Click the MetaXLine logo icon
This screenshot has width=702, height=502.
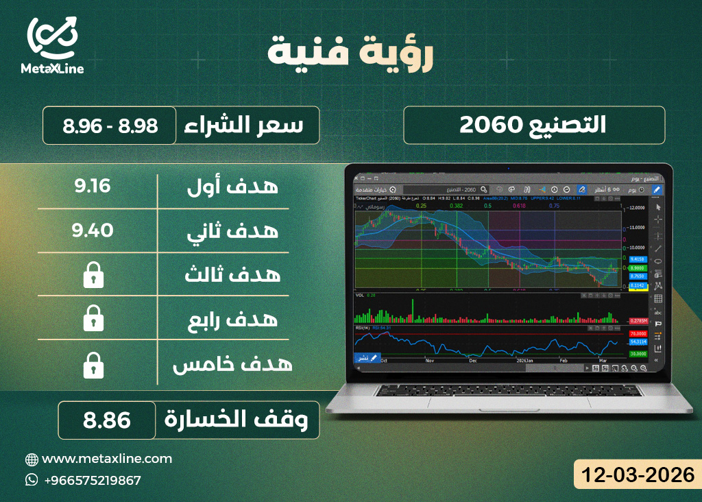pos(52,37)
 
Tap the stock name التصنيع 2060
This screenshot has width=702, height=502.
pos(533,125)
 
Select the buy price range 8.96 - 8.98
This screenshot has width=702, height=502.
pos(110,125)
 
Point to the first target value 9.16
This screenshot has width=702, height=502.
pos(93,186)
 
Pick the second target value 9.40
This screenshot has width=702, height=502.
pos(93,230)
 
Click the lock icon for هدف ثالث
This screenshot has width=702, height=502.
pos(93,276)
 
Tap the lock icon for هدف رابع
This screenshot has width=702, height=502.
pos(93,320)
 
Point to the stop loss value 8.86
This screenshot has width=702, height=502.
pos(107,420)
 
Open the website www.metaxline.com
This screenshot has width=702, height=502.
pos(107,458)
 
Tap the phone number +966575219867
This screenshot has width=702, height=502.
pos(92,480)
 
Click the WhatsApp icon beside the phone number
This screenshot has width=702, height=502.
pos(32,480)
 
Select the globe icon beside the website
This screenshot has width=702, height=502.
pos(32,459)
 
